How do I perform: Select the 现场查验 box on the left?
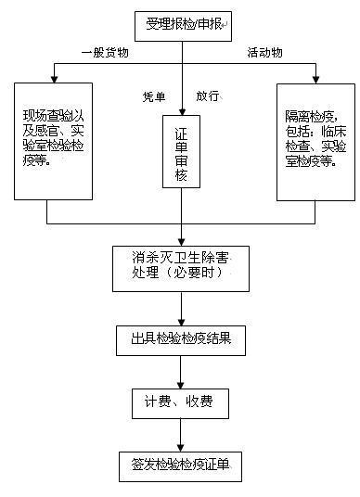(x=54, y=139)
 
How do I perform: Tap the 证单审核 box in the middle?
(x=182, y=151)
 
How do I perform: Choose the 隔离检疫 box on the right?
(x=315, y=139)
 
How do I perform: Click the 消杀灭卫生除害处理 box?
(x=181, y=267)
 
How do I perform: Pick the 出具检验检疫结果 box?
(x=181, y=340)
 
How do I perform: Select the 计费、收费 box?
(x=180, y=402)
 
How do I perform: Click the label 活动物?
(x=266, y=52)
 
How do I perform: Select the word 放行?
(x=210, y=96)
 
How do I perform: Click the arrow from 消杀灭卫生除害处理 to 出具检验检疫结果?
(x=182, y=308)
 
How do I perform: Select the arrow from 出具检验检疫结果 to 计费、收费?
(x=182, y=371)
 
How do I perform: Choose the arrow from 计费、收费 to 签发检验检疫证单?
(x=182, y=434)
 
